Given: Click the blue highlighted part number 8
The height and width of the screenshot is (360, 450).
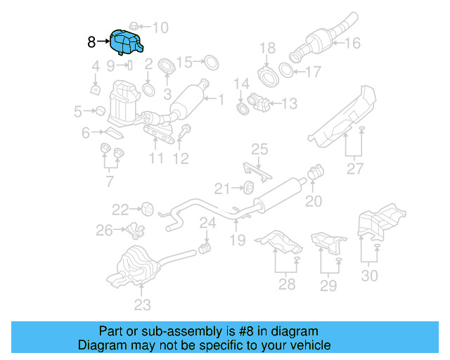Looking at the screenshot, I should click(x=126, y=42).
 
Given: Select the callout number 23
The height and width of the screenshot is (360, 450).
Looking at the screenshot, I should click(x=143, y=304).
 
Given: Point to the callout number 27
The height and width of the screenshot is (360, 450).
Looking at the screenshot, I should click(x=355, y=169).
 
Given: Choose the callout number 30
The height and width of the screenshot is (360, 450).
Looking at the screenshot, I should click(x=369, y=276).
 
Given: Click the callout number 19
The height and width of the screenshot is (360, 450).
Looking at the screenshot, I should click(x=236, y=240).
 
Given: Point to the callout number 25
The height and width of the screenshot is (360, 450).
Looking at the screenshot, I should click(x=259, y=149).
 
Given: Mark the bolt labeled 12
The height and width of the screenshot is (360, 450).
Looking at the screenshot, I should click(x=187, y=131).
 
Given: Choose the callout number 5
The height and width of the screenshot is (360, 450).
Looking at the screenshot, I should click(x=79, y=110).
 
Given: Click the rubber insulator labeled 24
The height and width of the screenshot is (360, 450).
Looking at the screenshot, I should click(x=207, y=247).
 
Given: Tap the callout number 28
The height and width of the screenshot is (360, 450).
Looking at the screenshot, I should click(x=287, y=284).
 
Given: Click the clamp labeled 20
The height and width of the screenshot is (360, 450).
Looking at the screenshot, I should click(x=316, y=170).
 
